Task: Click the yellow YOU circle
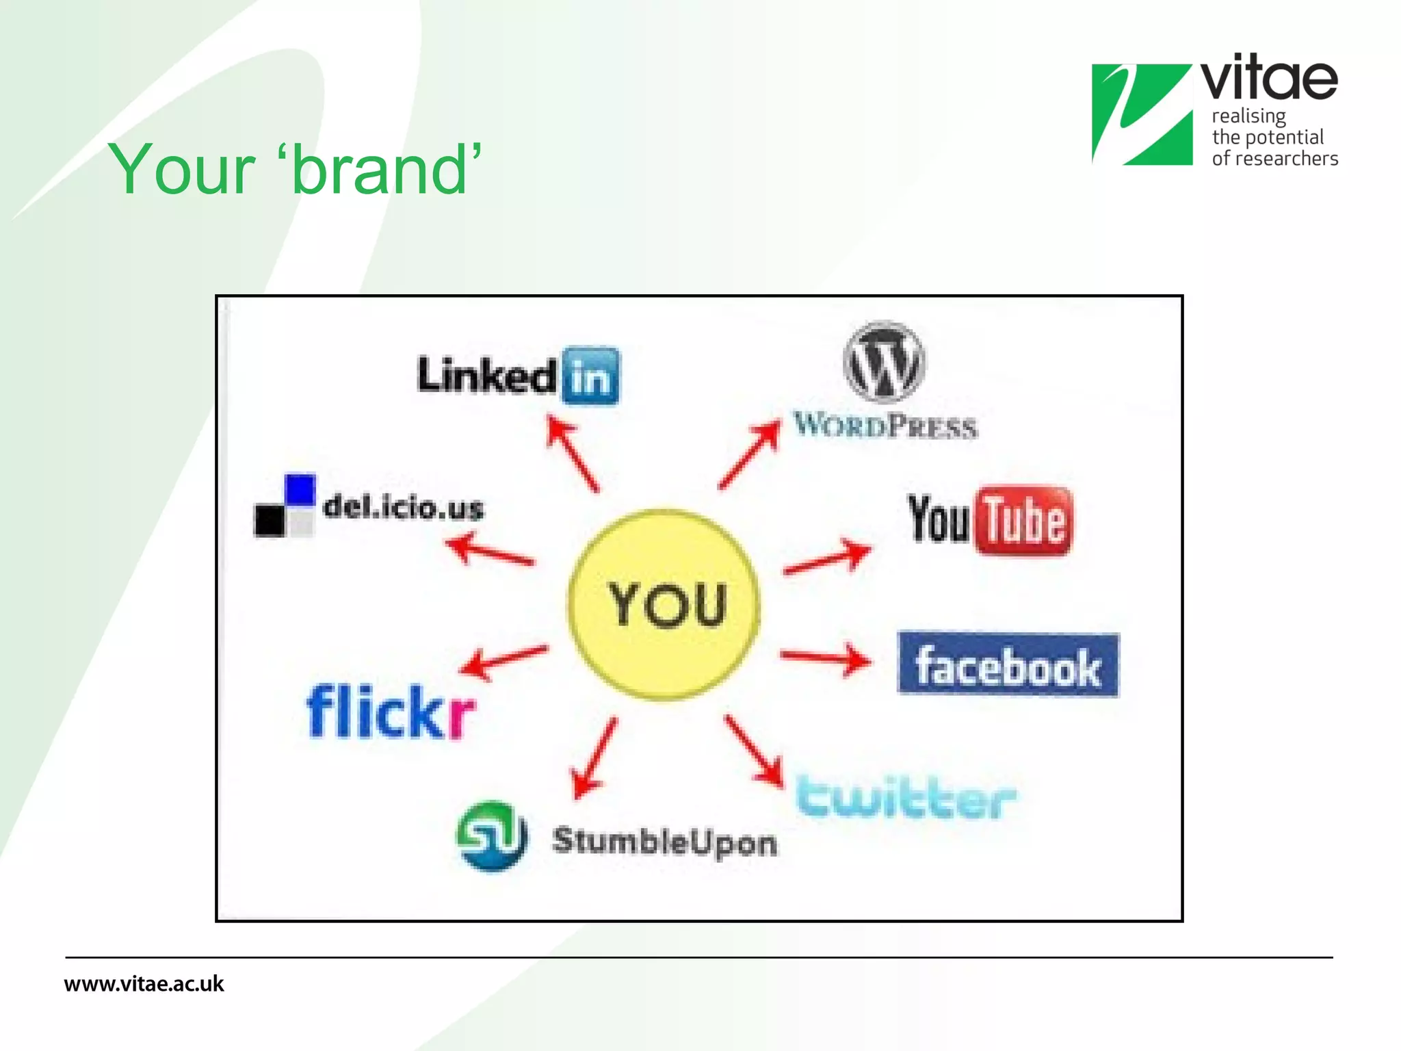pyautogui.click(x=664, y=604)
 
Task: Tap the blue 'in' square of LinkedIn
pyautogui.click(x=591, y=376)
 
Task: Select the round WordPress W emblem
pyautogui.click(x=884, y=362)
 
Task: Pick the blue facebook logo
pyautogui.click(x=1008, y=664)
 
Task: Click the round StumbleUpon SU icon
pyautogui.click(x=491, y=835)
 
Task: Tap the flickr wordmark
pyautogui.click(x=391, y=712)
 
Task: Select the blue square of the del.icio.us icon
pyautogui.click(x=300, y=489)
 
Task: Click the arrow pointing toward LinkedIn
pyautogui.click(x=572, y=454)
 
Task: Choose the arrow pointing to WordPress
pyautogui.click(x=750, y=454)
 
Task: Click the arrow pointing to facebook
pyautogui.click(x=826, y=659)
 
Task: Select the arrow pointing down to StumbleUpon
pyautogui.click(x=594, y=758)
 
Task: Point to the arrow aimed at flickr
pyautogui.click(x=503, y=661)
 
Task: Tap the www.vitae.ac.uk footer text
pyautogui.click(x=144, y=984)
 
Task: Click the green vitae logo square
pyautogui.click(x=1142, y=114)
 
